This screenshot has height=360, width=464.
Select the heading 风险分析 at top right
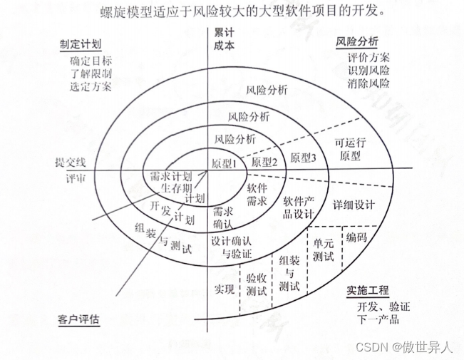(358, 41)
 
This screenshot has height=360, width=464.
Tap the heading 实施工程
(368, 291)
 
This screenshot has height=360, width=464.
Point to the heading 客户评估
(78, 319)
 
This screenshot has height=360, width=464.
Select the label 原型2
(264, 162)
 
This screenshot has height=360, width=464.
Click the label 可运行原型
(351, 148)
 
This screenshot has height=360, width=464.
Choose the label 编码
(356, 237)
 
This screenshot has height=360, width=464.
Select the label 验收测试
(256, 284)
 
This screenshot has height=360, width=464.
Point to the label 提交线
(70, 162)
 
